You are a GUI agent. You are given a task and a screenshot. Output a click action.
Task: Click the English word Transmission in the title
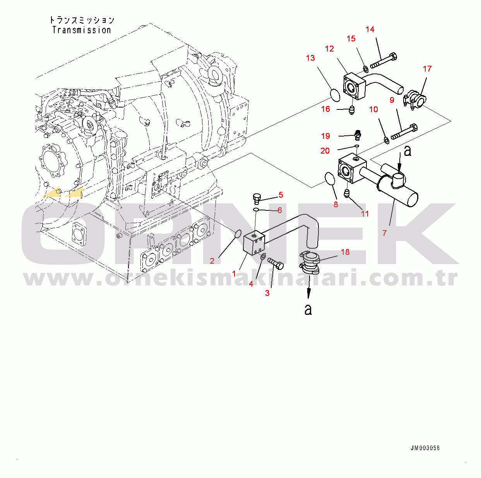(81, 30)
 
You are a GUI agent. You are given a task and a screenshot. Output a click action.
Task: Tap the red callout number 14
(370, 29)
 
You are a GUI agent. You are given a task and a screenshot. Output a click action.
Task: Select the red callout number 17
(427, 68)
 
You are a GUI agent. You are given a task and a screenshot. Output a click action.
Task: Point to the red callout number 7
(384, 233)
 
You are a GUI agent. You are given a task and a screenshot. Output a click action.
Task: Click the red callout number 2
(212, 261)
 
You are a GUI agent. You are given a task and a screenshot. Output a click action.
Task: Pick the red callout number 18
(345, 252)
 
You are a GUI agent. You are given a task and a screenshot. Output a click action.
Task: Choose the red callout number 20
(325, 151)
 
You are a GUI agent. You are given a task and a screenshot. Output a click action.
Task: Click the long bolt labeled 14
(383, 60)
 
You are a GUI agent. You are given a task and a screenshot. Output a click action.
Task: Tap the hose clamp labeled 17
(414, 100)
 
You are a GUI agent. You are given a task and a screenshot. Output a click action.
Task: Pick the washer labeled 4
(262, 256)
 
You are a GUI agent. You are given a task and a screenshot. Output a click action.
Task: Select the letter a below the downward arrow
(308, 309)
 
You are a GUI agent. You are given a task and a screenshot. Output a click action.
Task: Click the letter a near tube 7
(407, 151)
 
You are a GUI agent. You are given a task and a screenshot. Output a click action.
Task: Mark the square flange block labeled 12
(354, 86)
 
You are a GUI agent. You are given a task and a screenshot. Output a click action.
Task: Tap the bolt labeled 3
(275, 263)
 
